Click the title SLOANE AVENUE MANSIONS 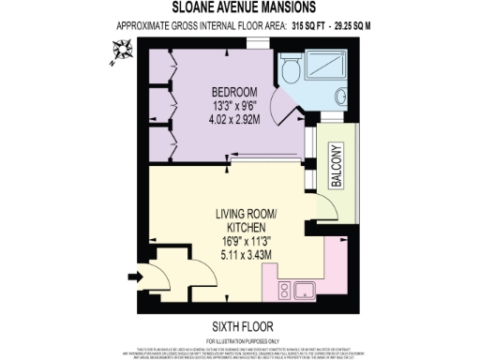coord(240,7)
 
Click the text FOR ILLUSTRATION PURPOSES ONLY coord(239,340)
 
